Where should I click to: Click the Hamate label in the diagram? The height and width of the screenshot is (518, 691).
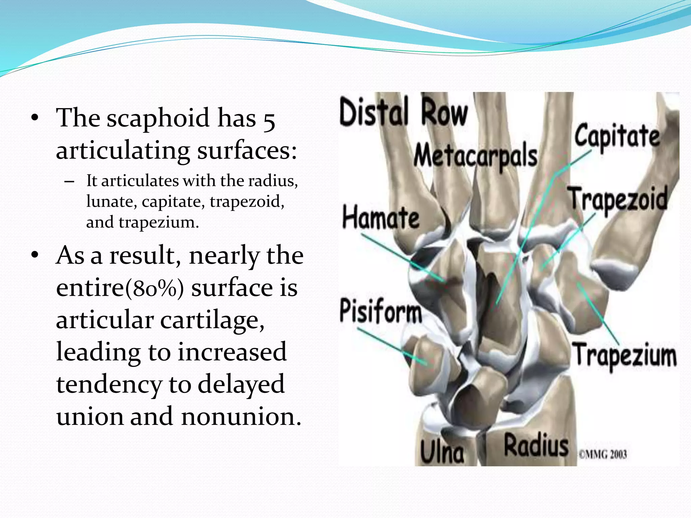coord(381,218)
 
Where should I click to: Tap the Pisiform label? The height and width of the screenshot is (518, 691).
coord(381,311)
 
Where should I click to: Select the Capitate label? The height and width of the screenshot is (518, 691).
coord(617,136)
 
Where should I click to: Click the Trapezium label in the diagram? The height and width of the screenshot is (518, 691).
coord(625,355)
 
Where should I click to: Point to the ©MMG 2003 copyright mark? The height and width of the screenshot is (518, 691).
coord(603,454)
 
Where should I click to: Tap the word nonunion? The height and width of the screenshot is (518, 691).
coord(241,416)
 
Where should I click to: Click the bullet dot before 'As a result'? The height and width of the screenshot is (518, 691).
coord(34,255)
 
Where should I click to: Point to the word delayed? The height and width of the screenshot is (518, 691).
coord(241,385)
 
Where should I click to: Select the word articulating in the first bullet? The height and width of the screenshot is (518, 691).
coord(123,150)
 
